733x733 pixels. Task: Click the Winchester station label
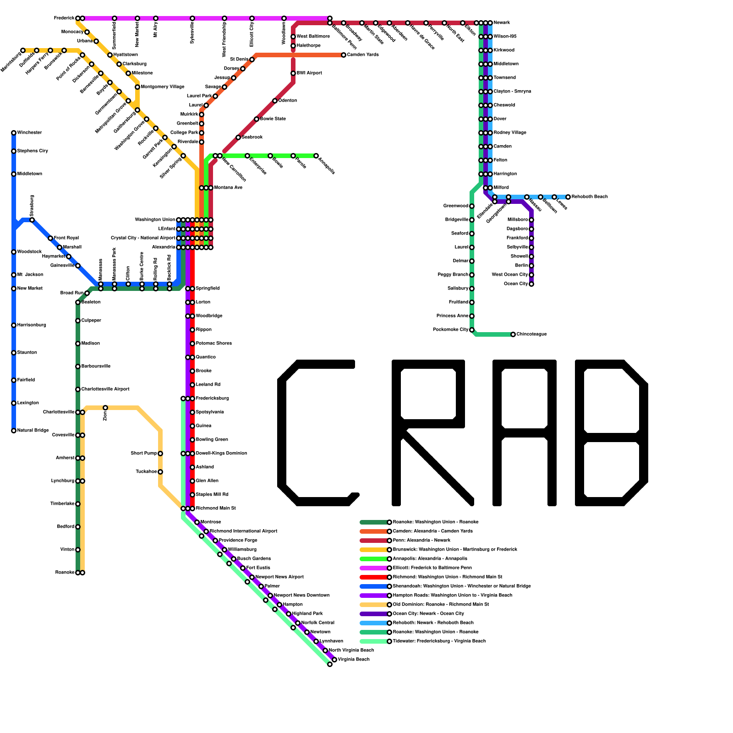tap(29, 133)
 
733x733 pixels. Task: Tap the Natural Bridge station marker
tap(14, 431)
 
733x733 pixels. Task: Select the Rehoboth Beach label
tap(590, 197)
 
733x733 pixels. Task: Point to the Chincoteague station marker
tap(513, 334)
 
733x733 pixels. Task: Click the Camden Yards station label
tap(363, 55)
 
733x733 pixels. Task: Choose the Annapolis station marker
tap(316, 156)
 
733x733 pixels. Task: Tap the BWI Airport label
tap(309, 73)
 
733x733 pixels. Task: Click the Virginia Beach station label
tap(354, 660)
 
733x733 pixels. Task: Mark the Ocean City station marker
tap(531, 284)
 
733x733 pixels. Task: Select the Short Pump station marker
tap(160, 454)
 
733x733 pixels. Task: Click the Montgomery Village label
tap(163, 87)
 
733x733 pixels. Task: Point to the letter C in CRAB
tap(316, 433)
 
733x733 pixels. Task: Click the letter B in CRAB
tap(612, 433)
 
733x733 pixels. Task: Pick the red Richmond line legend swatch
tap(373, 577)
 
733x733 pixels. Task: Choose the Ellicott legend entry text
tap(432, 568)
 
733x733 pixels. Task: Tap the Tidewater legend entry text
tap(439, 641)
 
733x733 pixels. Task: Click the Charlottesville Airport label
tap(105, 389)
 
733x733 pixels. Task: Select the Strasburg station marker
tap(32, 220)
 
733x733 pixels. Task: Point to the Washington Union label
tap(155, 220)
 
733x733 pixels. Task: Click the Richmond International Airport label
tap(243, 531)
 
